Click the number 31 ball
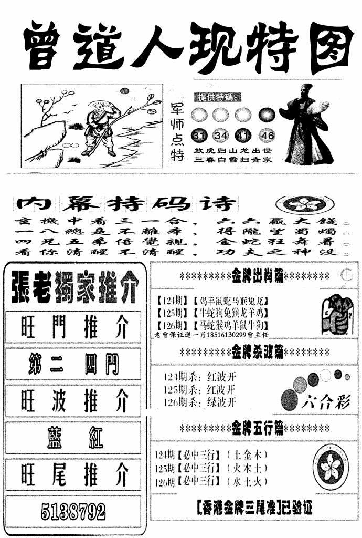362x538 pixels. click(199, 136)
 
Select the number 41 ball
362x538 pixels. click(244, 136)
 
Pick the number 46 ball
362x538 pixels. click(267, 136)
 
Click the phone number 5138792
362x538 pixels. click(73, 511)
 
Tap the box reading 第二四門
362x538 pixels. click(73, 365)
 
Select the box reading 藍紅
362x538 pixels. click(73, 438)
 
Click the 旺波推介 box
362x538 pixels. click(73, 401)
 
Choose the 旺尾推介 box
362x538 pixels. click(73, 474)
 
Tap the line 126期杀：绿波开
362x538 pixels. click(199, 403)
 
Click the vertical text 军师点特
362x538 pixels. click(178, 131)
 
